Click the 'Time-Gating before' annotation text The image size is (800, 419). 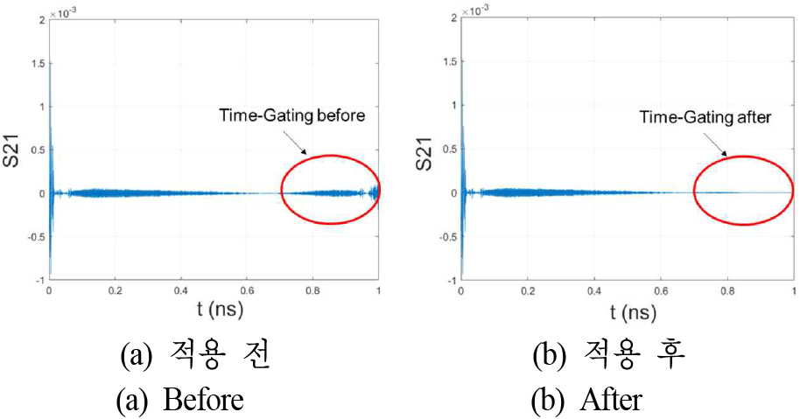[298, 115]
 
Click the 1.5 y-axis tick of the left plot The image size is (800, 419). [35, 64]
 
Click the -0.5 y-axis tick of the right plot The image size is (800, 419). [444, 236]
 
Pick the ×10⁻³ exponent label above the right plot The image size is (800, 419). [473, 10]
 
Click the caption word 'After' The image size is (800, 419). [610, 401]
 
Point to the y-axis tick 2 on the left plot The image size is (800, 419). [39, 20]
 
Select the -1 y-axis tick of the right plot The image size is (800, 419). [449, 279]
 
